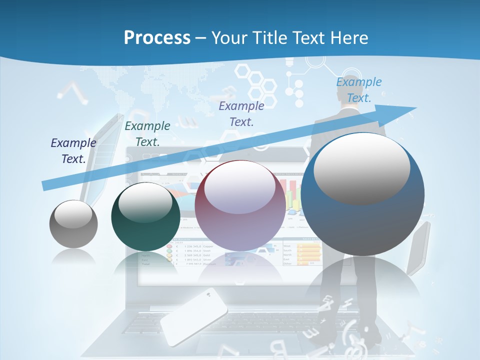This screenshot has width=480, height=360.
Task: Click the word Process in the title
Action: click(x=157, y=37)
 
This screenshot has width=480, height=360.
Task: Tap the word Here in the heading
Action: click(x=348, y=37)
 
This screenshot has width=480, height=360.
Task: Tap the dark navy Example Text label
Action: click(x=73, y=150)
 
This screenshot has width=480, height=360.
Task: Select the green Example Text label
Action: click(x=147, y=133)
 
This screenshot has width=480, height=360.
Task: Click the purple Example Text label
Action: click(x=241, y=113)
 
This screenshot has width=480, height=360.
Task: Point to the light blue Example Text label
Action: click(x=359, y=89)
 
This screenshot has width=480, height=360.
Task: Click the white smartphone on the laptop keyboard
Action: click(x=193, y=315)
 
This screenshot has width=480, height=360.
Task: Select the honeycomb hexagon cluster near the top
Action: click(x=256, y=82)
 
